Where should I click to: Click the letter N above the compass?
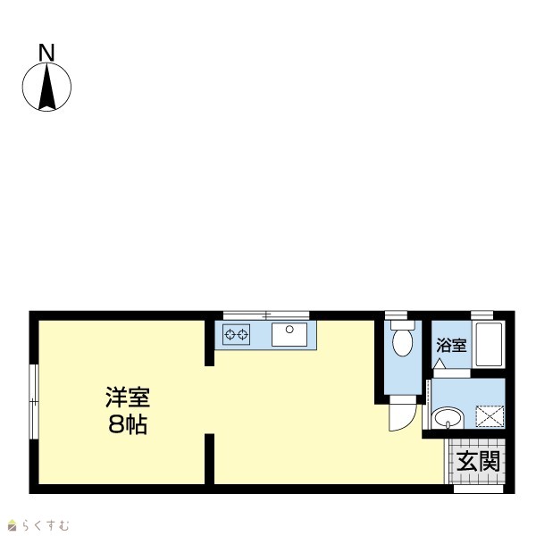pyautogui.click(x=46, y=53)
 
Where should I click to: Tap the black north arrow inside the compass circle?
pyautogui.click(x=47, y=88)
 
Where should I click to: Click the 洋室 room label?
pyautogui.click(x=128, y=398)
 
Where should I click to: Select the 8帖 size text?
pyautogui.click(x=128, y=424)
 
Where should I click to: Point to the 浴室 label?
pyautogui.click(x=451, y=345)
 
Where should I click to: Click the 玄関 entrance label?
pyautogui.click(x=478, y=461)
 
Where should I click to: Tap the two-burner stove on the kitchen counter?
pyautogui.click(x=236, y=334)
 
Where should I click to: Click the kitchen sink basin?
pyautogui.click(x=289, y=335)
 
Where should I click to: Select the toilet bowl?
pyautogui.click(x=402, y=342)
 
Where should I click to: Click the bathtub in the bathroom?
pyautogui.click(x=489, y=344)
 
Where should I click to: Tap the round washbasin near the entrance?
pyautogui.click(x=448, y=418)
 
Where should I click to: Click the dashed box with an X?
pyautogui.click(x=490, y=416)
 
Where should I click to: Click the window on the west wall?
pyautogui.click(x=34, y=402)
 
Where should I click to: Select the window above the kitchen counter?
pyautogui.click(x=266, y=314)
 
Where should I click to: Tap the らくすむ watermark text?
pyautogui.click(x=46, y=525)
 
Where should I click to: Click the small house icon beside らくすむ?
pyautogui.click(x=13, y=525)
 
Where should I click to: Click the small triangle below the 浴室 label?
pyautogui.click(x=440, y=364)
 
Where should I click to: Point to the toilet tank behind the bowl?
pyautogui.click(x=403, y=324)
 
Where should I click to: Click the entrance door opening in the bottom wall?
pyautogui.click(x=479, y=489)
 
